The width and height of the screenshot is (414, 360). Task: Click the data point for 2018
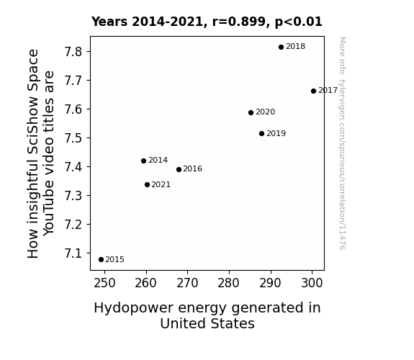281,48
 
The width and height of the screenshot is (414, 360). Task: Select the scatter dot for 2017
313,91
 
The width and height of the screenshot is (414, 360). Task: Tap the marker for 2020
251,113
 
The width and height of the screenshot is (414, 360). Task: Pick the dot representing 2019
261,134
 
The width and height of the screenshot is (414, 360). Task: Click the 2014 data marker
143,161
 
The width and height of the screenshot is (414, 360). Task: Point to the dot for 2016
179,170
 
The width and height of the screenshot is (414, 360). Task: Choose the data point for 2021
147,184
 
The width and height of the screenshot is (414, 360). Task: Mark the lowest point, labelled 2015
101,260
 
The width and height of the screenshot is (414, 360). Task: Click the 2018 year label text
295,47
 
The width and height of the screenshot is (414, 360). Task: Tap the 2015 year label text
115,260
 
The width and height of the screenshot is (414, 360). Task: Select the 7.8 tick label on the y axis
73,52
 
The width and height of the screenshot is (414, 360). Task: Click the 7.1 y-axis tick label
73,253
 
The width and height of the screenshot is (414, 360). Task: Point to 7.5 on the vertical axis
73,138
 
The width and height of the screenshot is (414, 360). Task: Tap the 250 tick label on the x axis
104,283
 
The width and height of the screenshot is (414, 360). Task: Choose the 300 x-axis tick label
312,283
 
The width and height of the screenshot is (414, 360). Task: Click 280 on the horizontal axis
229,283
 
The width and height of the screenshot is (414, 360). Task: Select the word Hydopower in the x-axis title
134,308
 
